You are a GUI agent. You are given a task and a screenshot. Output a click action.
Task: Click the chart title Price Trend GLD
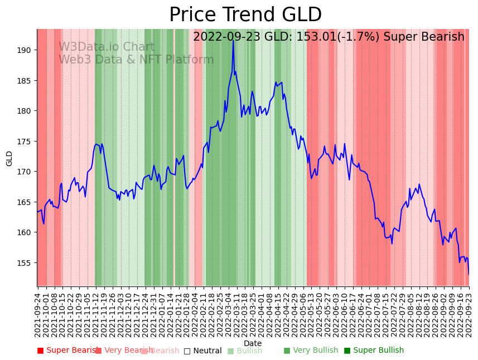[245, 15]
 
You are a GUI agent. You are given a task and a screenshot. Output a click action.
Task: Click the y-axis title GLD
[9, 158]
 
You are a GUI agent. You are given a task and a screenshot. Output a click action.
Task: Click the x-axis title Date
[253, 343]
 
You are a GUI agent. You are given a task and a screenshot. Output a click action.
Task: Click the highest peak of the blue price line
[233, 40]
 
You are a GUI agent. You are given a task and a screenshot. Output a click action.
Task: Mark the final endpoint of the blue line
[469, 274]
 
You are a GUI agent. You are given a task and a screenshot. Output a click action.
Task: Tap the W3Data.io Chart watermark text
[107, 47]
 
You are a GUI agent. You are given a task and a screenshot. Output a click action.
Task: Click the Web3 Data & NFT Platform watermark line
[136, 60]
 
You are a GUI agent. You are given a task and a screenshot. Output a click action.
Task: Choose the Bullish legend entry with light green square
[249, 351]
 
